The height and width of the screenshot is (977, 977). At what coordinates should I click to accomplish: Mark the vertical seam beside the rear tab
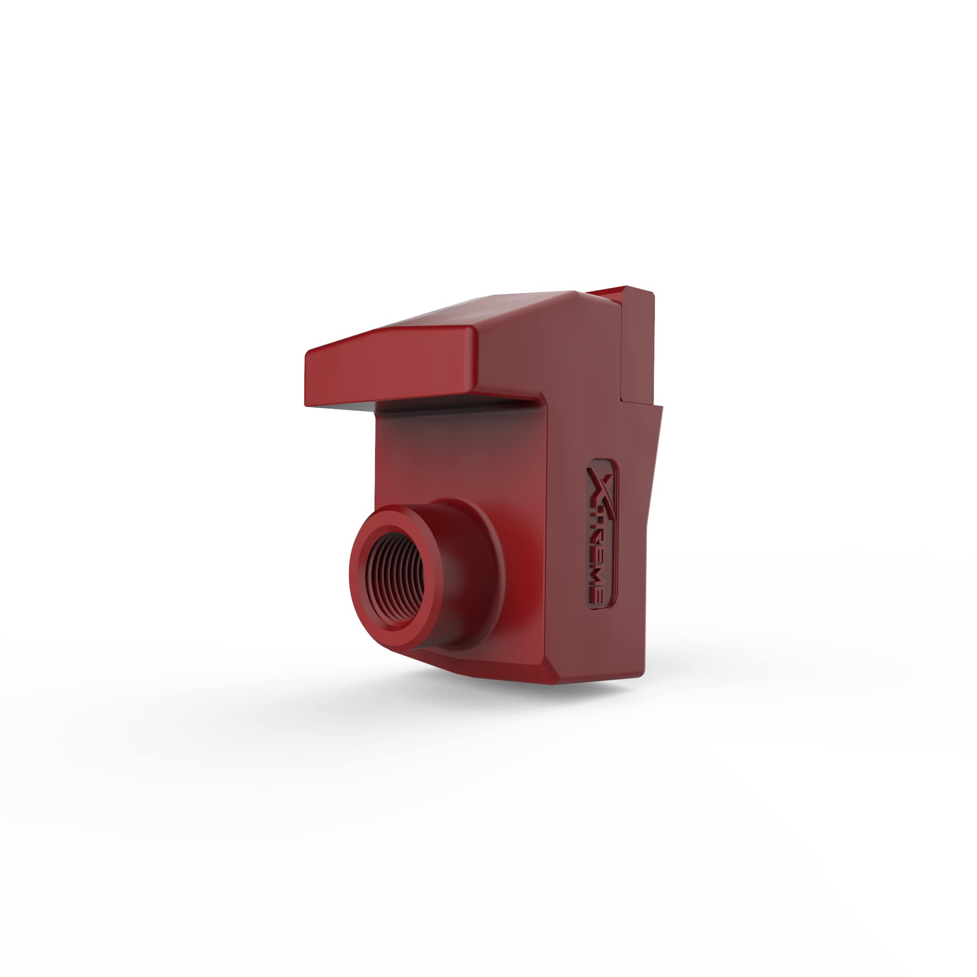click(x=622, y=356)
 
